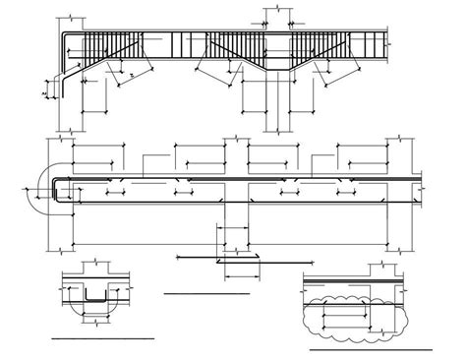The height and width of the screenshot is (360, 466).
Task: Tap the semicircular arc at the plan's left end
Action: [x=40, y=191]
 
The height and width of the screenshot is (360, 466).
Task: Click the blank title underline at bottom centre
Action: [x=206, y=293]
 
